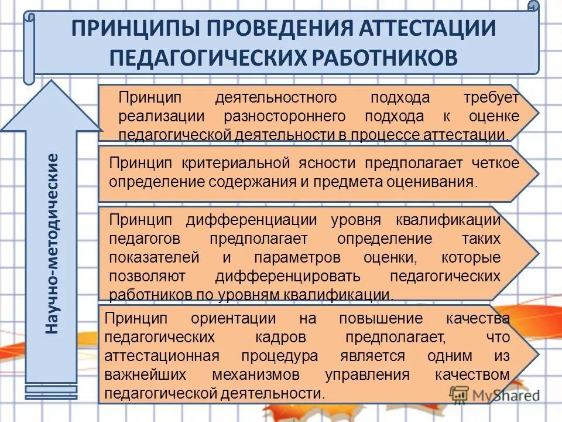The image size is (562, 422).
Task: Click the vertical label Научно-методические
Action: pos(53,243)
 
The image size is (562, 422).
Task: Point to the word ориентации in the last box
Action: pos(234,318)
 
